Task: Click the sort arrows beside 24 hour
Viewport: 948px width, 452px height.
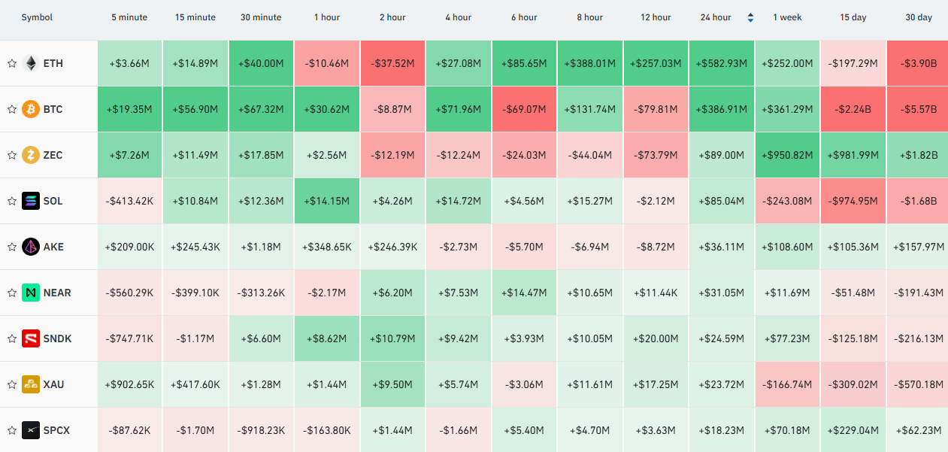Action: point(750,17)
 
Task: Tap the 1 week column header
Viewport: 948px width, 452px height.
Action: point(787,17)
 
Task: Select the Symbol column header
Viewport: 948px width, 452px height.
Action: point(37,17)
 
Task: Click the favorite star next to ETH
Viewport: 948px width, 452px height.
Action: point(12,63)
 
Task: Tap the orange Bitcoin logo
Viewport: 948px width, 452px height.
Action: point(31,109)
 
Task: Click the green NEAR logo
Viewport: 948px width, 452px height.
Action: point(31,293)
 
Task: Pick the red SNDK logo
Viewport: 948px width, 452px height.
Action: point(31,338)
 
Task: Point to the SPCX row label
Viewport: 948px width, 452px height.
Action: point(56,430)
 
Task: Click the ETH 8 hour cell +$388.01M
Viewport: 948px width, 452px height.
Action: point(590,63)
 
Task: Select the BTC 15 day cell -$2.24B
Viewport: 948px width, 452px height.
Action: point(853,109)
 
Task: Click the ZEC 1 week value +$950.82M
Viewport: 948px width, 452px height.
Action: point(787,156)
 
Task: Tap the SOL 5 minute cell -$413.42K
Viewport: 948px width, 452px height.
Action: point(129,201)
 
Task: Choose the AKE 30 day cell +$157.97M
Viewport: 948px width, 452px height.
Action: point(917,247)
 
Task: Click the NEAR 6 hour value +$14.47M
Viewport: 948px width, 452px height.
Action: point(524,293)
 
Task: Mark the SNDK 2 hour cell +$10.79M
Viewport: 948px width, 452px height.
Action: point(392,338)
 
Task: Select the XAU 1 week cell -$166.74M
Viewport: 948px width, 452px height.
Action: point(787,384)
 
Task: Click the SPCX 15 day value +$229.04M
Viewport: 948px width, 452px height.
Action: point(853,430)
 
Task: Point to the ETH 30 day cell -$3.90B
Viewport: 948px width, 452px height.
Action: point(917,63)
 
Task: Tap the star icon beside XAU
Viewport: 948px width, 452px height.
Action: point(12,384)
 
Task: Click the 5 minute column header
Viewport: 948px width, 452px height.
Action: point(129,17)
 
